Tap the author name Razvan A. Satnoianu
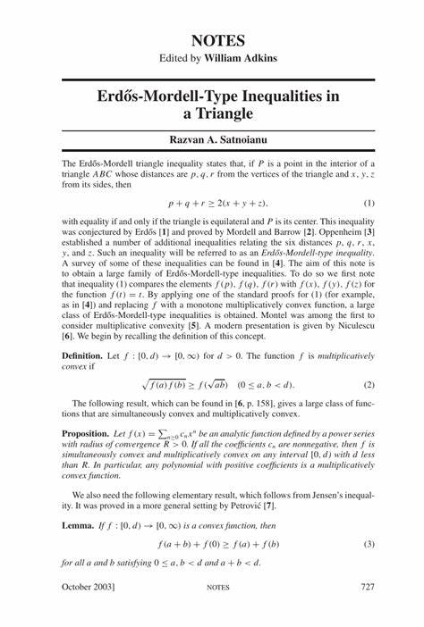tap(212, 140)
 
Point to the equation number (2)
tap(369, 385)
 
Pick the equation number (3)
tap(369, 544)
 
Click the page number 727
tap(367, 612)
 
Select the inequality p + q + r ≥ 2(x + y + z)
tap(212, 203)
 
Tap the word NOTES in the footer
tap(218, 612)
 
